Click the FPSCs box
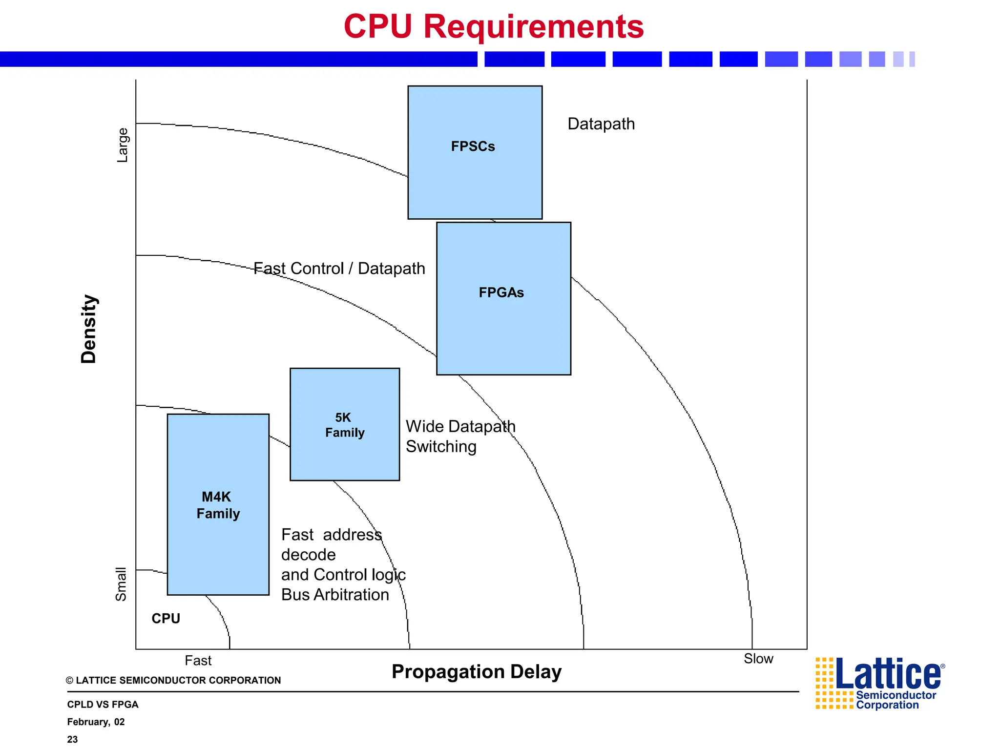(475, 152)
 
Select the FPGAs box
(503, 298)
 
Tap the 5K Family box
(345, 424)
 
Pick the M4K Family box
(218, 504)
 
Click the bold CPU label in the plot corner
(166, 619)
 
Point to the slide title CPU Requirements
(494, 26)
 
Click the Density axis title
(89, 329)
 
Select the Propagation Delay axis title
(477, 672)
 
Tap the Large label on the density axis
(122, 145)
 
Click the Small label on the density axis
(121, 584)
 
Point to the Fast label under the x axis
(198, 661)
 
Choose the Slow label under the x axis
(758, 659)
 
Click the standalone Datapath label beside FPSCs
(601, 124)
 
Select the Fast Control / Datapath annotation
(339, 269)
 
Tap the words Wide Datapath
(460, 426)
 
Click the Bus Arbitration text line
(335, 595)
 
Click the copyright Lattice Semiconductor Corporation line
(174, 680)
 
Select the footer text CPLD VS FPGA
(103, 704)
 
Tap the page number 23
(72, 739)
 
